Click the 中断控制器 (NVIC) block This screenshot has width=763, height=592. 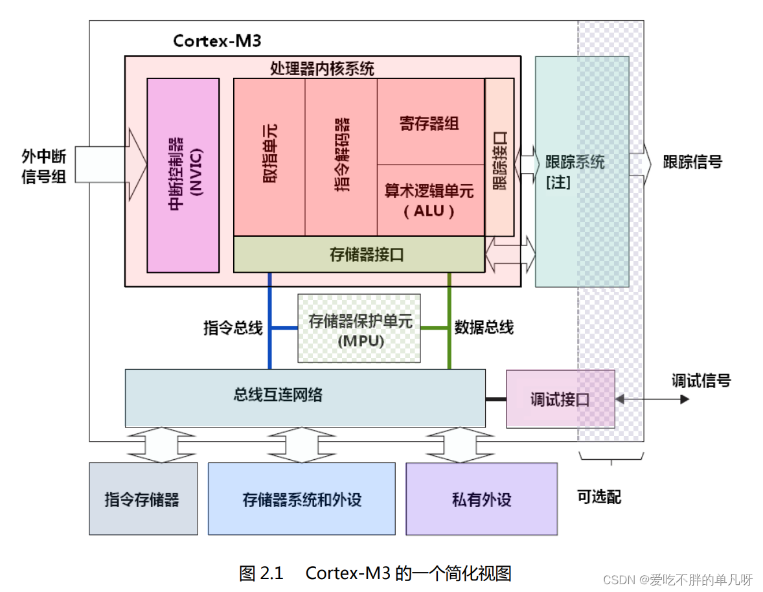183,175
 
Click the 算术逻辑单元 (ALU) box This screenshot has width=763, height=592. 430,200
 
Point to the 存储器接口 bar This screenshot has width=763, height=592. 359,255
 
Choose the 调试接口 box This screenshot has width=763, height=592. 560,399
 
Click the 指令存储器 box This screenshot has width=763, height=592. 143,499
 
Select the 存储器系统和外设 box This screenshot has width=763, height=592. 301,499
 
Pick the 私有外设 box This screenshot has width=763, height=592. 481,499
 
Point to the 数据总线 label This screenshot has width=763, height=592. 484,328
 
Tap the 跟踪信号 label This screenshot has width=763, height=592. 692,163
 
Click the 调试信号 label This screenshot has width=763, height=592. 701,381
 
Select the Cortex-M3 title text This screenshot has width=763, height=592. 217,41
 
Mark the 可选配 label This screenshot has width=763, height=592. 599,497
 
